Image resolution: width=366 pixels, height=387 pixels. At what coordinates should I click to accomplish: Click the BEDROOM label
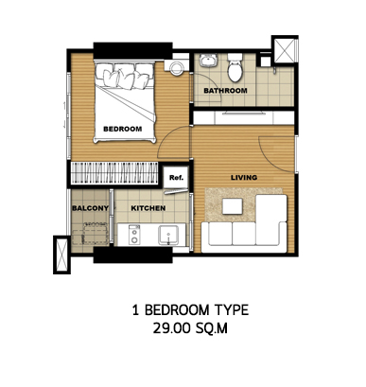click(x=123, y=129)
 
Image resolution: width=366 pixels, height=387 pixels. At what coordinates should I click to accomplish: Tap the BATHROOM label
click(x=225, y=91)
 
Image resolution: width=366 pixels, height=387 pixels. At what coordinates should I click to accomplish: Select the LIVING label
click(x=244, y=178)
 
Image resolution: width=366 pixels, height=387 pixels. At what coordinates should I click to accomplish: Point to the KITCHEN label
click(x=148, y=208)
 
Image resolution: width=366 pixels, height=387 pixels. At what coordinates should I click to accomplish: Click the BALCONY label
click(x=91, y=208)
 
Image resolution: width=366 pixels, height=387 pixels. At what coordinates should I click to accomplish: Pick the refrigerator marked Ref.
click(x=176, y=178)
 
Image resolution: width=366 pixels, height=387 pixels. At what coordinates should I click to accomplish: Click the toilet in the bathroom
click(x=235, y=67)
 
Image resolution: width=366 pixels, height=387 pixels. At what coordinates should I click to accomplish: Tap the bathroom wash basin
click(x=208, y=61)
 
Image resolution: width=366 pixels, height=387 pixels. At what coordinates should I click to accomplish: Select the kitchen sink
click(x=168, y=235)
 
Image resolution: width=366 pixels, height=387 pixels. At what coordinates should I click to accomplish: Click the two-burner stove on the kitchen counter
click(x=134, y=235)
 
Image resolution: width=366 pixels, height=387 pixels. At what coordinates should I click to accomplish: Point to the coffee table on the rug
click(x=233, y=206)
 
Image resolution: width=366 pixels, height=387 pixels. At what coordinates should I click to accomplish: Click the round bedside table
click(x=177, y=67)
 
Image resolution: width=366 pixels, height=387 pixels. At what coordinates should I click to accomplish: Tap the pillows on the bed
click(x=125, y=76)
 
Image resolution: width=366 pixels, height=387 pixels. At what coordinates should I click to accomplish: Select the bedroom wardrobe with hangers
click(x=113, y=172)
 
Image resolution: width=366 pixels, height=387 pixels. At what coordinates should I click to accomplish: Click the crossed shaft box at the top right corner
click(x=285, y=50)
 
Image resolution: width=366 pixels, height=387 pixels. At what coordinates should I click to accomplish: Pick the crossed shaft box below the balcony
click(x=61, y=255)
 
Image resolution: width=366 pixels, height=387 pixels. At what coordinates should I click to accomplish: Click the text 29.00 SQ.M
click(x=190, y=328)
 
